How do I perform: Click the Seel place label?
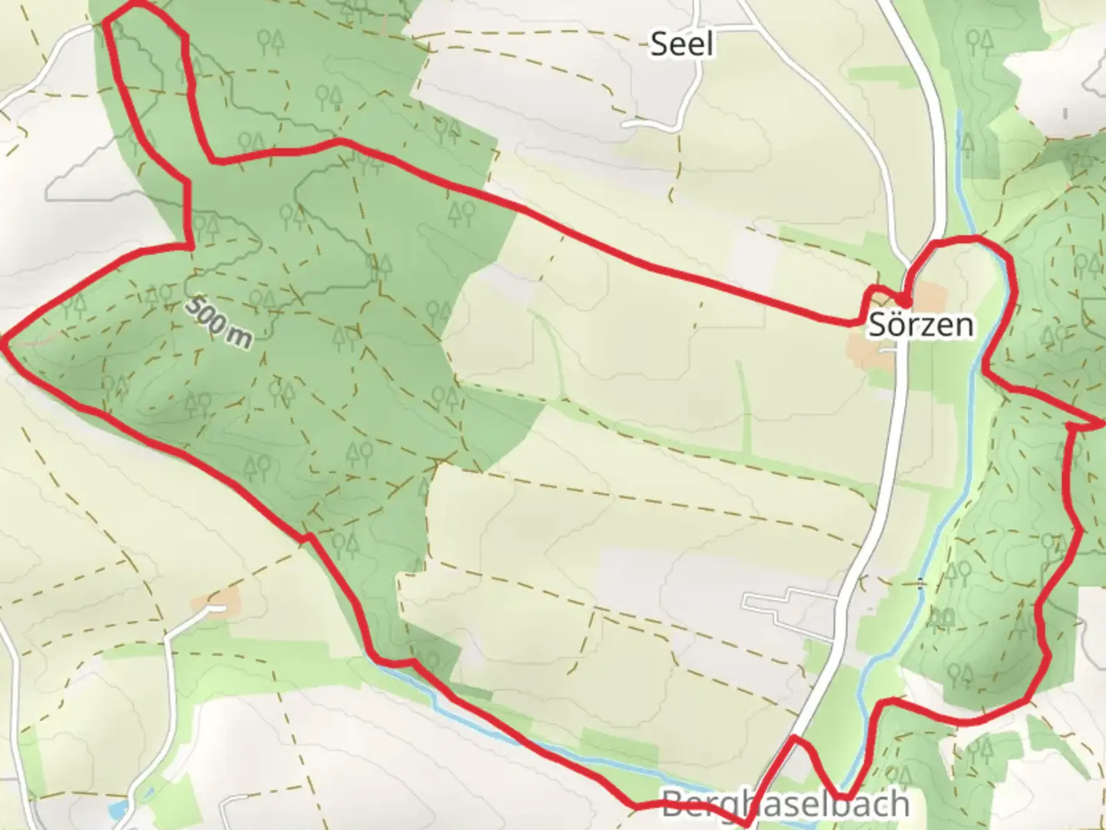click(681, 44)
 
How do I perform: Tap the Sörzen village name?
click(920, 325)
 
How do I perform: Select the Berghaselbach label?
click(784, 805)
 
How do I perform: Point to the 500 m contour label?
click(218, 321)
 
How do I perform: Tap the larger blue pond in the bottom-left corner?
click(116, 809)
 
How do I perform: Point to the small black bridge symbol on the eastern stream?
click(921, 584)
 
